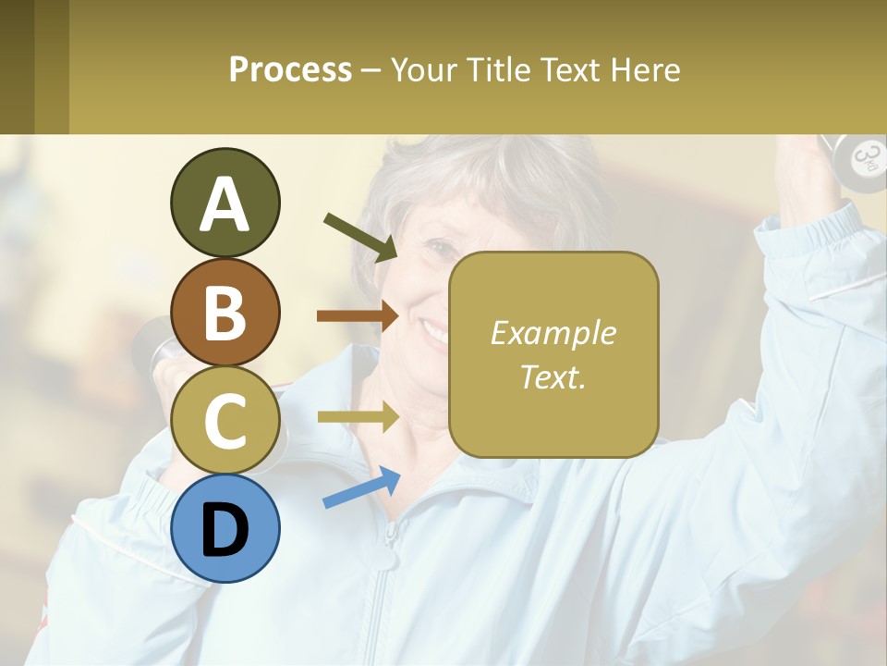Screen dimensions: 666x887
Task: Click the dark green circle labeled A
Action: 225,203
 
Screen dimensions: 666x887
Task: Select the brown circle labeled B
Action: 225,312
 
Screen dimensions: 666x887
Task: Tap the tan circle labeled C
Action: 225,420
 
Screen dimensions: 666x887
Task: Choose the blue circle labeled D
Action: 225,528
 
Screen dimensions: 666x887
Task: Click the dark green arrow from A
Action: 359,236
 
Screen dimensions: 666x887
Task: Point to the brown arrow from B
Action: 358,316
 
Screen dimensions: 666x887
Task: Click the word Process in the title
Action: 290,69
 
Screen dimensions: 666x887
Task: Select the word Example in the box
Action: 553,333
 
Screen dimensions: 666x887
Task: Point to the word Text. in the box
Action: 553,376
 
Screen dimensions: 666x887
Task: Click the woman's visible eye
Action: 443,249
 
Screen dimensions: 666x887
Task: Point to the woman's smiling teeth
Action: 434,328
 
